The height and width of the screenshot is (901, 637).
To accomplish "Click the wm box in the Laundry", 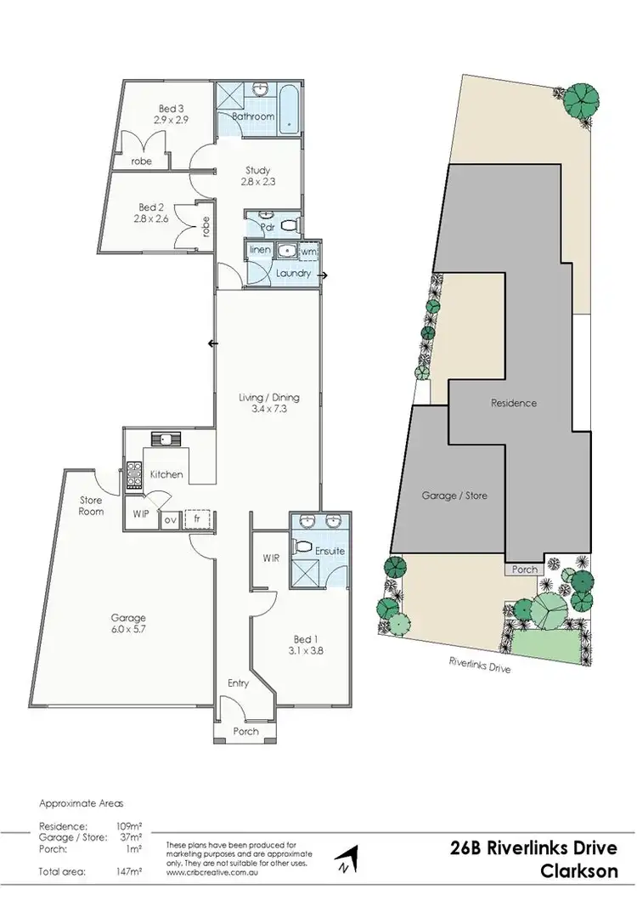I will point(307,252).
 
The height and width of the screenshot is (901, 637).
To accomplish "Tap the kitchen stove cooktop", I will point(133,476).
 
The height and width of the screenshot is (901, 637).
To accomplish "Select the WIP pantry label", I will point(141,514).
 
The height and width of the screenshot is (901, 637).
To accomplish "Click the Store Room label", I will point(91,506).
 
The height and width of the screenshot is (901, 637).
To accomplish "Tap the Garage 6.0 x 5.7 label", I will point(127,624).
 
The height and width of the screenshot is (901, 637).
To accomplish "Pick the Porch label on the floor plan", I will point(245,731).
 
